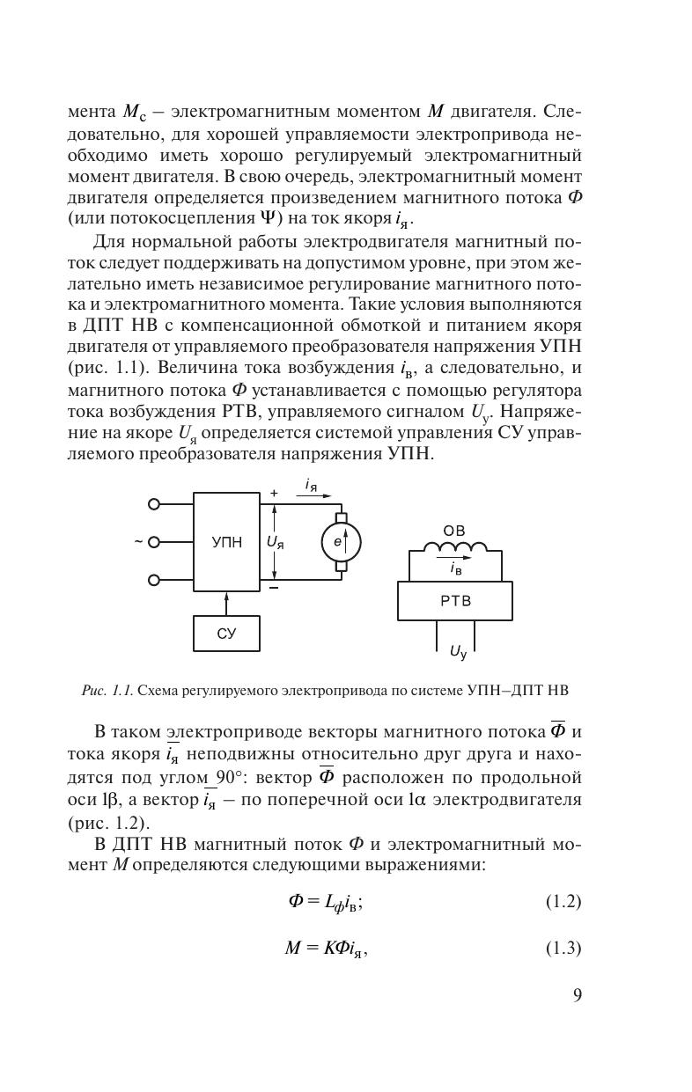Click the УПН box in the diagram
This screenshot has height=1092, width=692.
[226, 542]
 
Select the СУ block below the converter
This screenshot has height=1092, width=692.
[226, 634]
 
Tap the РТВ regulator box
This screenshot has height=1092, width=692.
[454, 601]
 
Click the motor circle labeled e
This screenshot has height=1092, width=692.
[341, 542]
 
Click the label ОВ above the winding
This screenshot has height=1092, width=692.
[454, 531]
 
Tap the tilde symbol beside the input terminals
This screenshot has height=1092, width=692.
[138, 542]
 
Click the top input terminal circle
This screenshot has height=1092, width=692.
[154, 504]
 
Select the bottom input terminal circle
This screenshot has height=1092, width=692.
[154, 580]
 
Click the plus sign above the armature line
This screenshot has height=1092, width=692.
[274, 495]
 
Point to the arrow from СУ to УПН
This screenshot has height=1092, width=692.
[226, 604]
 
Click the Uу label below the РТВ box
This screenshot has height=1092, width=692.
[458, 652]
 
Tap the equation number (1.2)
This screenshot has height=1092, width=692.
[563, 902]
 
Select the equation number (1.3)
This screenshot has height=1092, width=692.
[563, 949]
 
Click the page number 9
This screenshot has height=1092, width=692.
[577, 995]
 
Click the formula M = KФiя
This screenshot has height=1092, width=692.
[325, 949]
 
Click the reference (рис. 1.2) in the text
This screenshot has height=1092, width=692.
[108, 824]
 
